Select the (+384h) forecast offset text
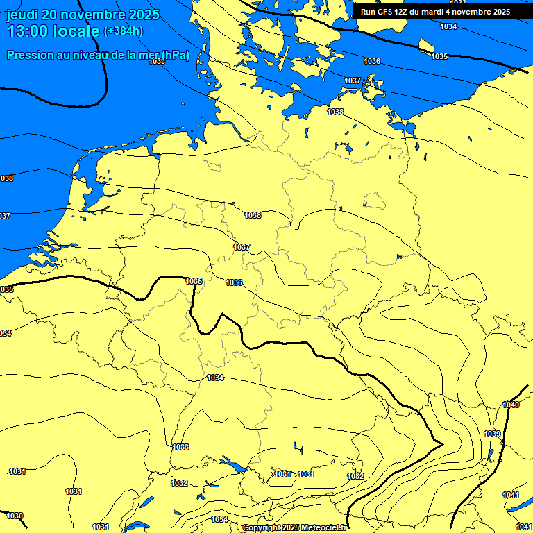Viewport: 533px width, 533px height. [x=123, y=31]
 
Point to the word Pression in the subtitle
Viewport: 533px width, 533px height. [x=28, y=55]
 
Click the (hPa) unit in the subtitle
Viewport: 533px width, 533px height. [x=174, y=55]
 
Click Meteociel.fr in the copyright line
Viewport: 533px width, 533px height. [x=323, y=528]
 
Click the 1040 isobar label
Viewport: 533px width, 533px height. [x=511, y=405]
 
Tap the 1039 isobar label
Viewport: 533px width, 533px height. [x=492, y=434]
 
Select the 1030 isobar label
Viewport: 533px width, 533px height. [x=15, y=516]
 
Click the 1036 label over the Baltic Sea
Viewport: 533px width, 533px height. [x=372, y=61]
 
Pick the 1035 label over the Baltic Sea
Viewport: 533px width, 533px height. [x=439, y=56]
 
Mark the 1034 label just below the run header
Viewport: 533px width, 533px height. [x=448, y=26]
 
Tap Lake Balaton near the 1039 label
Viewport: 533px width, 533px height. [x=490, y=455]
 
